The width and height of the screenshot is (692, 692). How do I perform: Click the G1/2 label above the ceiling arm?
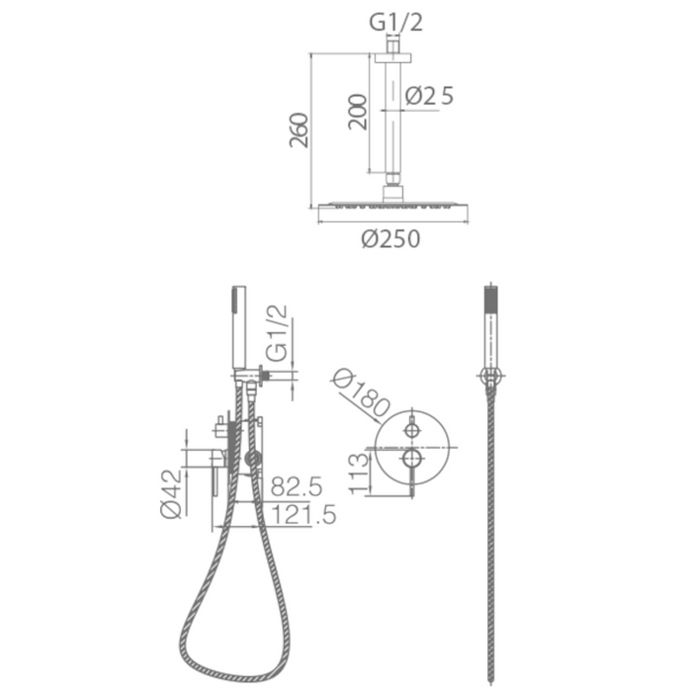[395, 22]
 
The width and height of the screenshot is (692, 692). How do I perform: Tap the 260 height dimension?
[299, 130]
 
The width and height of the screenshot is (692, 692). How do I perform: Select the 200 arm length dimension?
[357, 112]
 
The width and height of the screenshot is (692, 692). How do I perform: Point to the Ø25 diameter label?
[429, 95]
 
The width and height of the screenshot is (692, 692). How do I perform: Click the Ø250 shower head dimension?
[390, 239]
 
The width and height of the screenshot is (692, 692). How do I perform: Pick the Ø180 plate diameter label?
[362, 393]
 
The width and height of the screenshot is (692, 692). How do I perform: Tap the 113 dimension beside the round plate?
[358, 474]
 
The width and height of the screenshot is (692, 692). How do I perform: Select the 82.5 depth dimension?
[297, 486]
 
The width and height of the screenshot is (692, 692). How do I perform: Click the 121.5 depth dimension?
[303, 515]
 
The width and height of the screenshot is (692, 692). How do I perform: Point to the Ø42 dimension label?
[171, 494]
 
